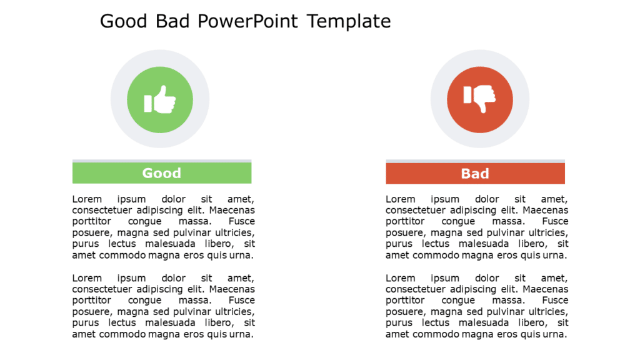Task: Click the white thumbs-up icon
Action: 164,100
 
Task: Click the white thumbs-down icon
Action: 482,97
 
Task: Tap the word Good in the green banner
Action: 161,173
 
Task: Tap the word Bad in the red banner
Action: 475,174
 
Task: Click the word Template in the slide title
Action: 349,21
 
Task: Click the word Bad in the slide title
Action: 172,21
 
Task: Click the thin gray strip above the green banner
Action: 161,161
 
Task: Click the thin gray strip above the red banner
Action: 475,161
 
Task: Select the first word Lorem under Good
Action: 87,199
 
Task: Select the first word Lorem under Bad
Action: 401,199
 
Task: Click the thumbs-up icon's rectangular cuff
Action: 148,103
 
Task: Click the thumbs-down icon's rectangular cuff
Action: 467,95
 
